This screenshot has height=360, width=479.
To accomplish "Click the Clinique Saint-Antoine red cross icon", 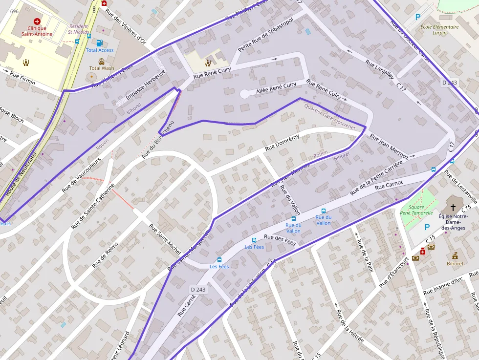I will tap(37, 21).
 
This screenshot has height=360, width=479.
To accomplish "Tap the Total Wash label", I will tap(102, 68).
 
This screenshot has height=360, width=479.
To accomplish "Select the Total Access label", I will tap(100, 50).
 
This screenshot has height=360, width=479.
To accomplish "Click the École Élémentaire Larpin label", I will tap(439, 30).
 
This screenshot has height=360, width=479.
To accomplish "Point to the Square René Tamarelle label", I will tap(416, 210).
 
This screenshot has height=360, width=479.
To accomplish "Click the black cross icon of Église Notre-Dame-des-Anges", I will tap(454, 207).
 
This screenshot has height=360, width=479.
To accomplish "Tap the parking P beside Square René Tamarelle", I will tap(427, 227).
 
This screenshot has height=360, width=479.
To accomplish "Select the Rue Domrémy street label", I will tap(282, 142).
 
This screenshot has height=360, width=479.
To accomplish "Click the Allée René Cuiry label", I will tap(276, 88).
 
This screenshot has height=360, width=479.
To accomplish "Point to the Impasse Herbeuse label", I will tap(146, 85).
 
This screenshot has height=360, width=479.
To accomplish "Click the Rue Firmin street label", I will tap(22, 78).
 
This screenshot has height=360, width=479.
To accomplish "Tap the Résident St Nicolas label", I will tap(79, 29).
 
